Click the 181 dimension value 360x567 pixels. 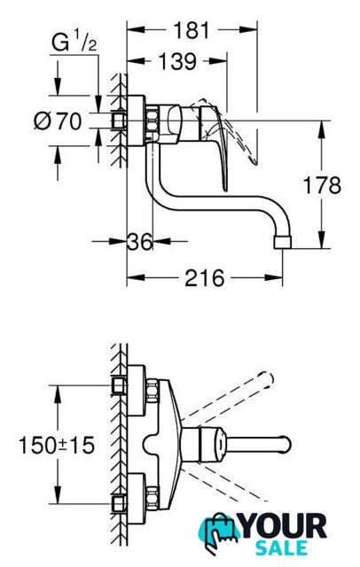click(x=192, y=30)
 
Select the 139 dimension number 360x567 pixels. click(x=177, y=61)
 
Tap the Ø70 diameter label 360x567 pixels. click(x=58, y=120)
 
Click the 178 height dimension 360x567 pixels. click(x=322, y=185)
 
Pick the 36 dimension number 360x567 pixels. click(x=140, y=241)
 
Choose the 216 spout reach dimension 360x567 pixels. click(x=205, y=278)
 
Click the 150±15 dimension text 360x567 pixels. click(x=57, y=445)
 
